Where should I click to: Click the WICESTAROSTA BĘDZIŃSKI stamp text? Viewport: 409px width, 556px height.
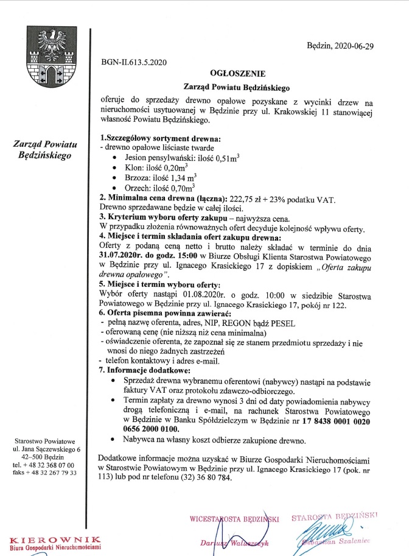click(234, 519)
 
